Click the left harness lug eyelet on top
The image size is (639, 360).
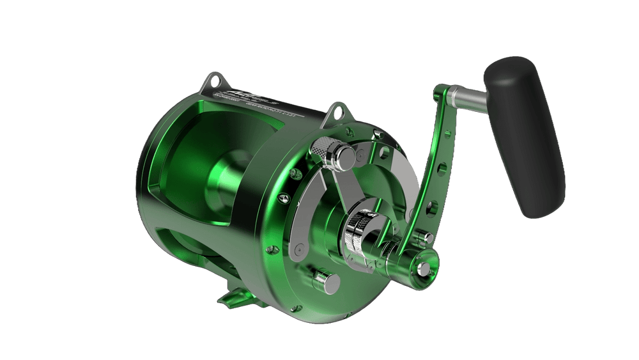click(x=212, y=81)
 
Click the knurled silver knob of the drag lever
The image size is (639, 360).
click(x=319, y=148)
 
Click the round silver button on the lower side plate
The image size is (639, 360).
click(x=323, y=279)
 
